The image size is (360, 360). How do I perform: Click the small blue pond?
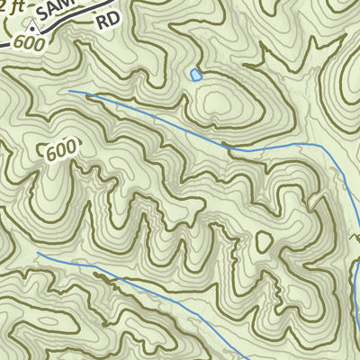pyautogui.click(x=195, y=75)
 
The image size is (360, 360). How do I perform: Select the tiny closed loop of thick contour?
pyautogui.click(x=264, y=242)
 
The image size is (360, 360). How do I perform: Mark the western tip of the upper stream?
pyautogui.click(x=70, y=91)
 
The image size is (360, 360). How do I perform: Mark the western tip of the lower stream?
pyautogui.click(x=39, y=254)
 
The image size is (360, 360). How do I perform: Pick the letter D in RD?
pyautogui.click(x=112, y=18)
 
